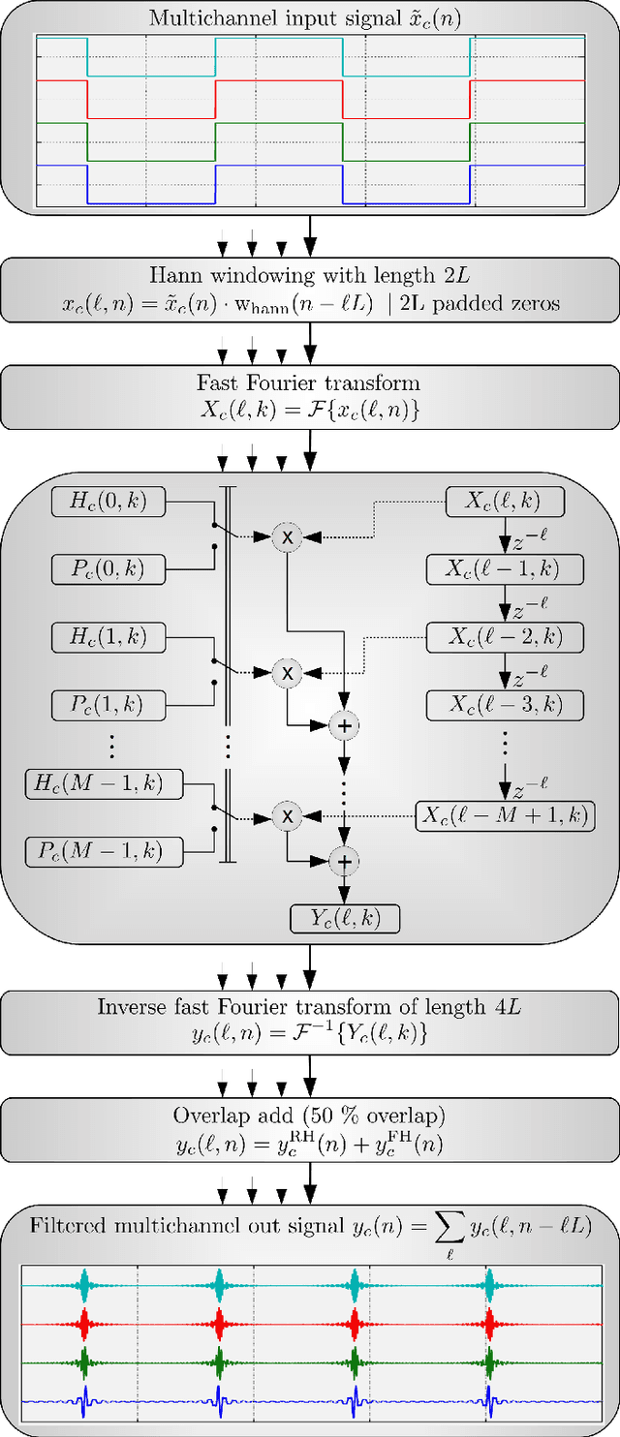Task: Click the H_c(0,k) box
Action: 108,502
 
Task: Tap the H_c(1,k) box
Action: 108,637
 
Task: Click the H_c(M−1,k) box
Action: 105,784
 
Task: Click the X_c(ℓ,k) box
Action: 505,502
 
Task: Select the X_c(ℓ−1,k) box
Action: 505,569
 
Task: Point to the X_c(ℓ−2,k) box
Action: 505,637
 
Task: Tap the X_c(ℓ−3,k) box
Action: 505,704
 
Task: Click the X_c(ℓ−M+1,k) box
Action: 505,815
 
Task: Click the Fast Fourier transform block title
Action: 310,382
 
